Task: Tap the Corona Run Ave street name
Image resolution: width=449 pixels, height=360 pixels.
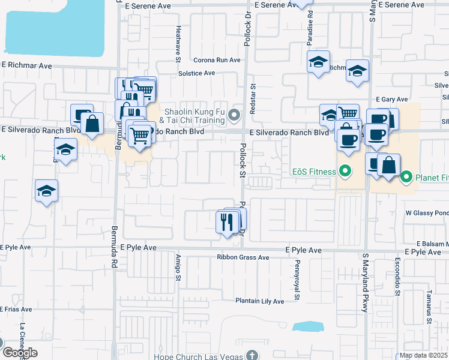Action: click(217, 60)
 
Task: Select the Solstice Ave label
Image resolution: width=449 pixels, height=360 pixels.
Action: click(196, 73)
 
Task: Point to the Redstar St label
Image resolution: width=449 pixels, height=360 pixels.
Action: click(253, 95)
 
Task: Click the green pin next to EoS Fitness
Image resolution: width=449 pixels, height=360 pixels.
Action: click(345, 172)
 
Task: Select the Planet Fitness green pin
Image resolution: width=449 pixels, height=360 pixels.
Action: click(406, 177)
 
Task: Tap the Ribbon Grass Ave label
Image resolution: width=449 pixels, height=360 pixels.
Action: click(243, 257)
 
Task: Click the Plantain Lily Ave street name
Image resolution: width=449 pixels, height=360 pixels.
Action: click(259, 301)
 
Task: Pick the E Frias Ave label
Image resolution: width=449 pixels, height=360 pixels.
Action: click(12, 309)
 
